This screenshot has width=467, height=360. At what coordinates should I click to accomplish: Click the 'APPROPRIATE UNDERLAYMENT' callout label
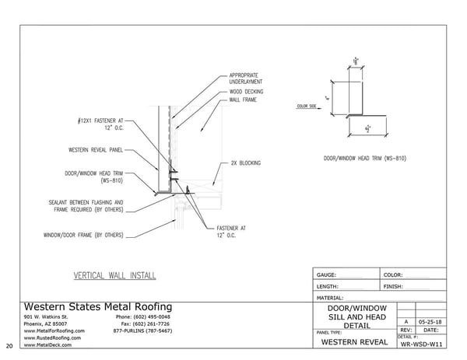click(245, 79)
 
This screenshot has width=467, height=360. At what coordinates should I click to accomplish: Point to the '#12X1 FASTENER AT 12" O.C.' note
click(102, 125)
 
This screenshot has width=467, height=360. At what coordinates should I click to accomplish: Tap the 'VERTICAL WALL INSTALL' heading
click(114, 275)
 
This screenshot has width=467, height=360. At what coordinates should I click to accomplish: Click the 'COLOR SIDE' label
click(307, 106)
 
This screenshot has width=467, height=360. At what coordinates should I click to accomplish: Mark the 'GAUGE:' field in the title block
click(326, 275)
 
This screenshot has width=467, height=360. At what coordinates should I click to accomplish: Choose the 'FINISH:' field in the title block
click(392, 286)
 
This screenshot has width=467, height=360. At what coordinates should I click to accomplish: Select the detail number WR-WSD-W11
click(421, 343)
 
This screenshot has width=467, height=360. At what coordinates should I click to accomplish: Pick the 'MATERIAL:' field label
click(330, 297)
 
